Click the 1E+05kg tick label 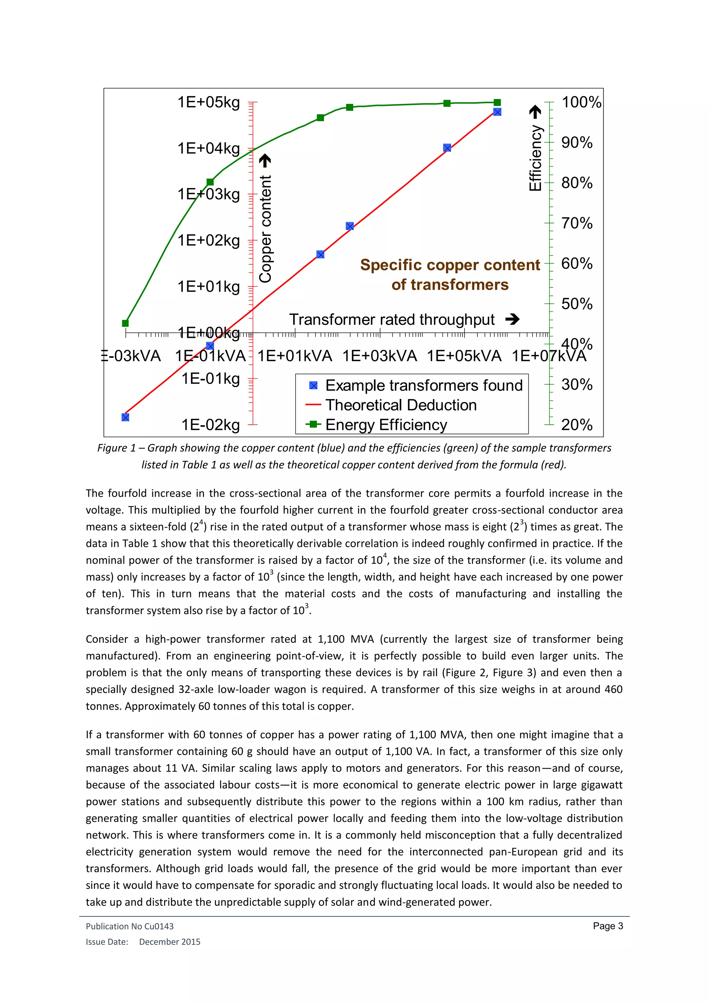209,102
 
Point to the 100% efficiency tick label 581,102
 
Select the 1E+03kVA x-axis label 379,356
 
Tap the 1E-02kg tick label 210,425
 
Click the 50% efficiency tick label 577,304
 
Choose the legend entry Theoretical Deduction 401,405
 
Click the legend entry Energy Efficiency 386,425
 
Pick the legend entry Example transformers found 423,385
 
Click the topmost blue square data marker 497,112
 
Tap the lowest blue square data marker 125,417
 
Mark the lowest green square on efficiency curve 125,323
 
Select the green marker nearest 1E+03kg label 210,182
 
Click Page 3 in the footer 607,926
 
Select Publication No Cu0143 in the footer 130,926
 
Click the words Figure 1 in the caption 116,448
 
